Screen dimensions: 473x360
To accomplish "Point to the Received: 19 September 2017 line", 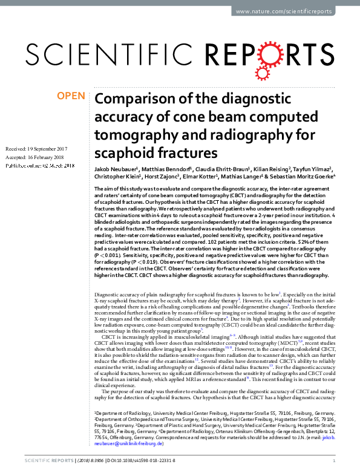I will [36, 149].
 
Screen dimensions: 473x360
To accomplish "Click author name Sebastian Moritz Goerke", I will [303, 177].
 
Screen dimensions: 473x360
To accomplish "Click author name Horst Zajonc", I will [162, 177].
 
